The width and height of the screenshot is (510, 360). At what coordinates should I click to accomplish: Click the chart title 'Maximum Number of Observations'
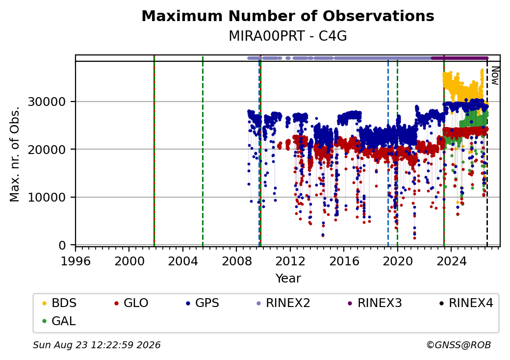click(x=288, y=16)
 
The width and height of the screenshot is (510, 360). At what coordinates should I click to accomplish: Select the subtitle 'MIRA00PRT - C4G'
click(x=288, y=36)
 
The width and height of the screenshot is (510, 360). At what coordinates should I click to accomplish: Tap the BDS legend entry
click(x=59, y=303)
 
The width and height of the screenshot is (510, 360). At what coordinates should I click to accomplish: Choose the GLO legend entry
click(x=131, y=303)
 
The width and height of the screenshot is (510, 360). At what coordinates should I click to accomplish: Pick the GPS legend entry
click(x=203, y=303)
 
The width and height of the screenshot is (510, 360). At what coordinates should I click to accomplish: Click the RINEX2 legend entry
click(x=283, y=303)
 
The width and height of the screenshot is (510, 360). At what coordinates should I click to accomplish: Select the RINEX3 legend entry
click(x=375, y=303)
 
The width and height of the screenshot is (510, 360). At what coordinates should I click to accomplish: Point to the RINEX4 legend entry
click(x=466, y=303)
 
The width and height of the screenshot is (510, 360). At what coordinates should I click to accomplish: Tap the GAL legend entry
click(x=59, y=321)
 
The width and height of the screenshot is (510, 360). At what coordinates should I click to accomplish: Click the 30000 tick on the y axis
click(x=47, y=102)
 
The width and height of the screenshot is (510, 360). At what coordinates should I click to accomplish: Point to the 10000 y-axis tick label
click(x=47, y=197)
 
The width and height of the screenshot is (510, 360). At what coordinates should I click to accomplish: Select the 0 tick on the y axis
click(x=62, y=245)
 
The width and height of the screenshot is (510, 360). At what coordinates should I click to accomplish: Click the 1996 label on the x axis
click(x=76, y=261)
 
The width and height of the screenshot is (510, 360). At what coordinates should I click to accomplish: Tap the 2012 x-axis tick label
click(x=290, y=261)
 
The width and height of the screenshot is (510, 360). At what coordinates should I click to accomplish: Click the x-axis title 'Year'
click(x=288, y=279)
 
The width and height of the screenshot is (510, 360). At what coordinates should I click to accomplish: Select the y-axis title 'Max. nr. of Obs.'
click(x=15, y=154)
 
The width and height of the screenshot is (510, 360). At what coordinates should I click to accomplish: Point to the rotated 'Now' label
click(x=495, y=76)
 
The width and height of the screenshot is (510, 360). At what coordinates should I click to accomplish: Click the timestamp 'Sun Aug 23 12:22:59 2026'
click(x=97, y=345)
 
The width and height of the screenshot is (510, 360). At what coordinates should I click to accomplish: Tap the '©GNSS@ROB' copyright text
click(x=459, y=345)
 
